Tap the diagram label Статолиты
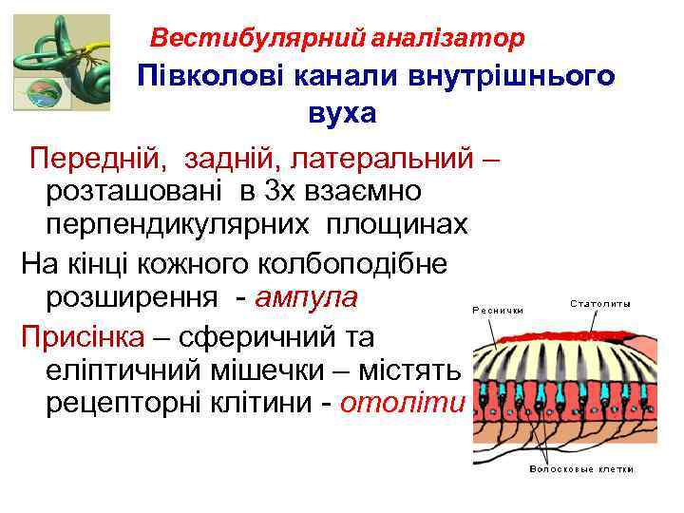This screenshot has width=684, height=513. point(600,304)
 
